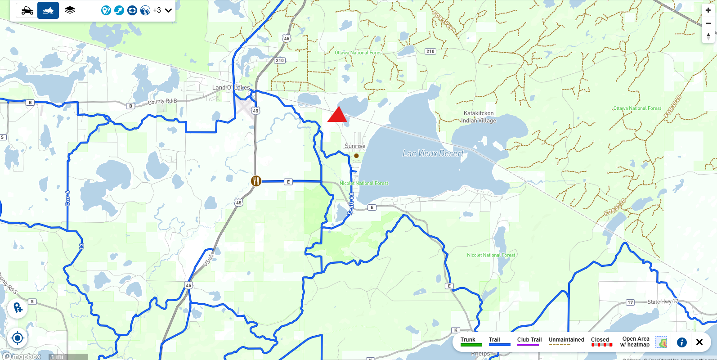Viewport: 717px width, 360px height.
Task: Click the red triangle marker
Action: click(337, 116)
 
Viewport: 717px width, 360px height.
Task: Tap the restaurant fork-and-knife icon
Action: click(256, 181)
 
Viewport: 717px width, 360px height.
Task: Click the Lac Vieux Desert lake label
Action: click(433, 153)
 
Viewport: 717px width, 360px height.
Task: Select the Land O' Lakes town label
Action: click(231, 87)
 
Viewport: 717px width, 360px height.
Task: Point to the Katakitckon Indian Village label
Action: click(479, 117)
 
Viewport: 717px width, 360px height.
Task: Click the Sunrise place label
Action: click(355, 146)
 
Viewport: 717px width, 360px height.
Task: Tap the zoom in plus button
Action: click(708, 10)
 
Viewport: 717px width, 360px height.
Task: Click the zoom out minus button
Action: click(708, 23)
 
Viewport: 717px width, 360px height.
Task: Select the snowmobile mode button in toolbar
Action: click(48, 10)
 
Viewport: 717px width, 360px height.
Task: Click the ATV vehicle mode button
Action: click(27, 10)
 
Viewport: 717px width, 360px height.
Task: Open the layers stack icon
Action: click(70, 10)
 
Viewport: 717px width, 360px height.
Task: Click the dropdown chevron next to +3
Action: click(169, 10)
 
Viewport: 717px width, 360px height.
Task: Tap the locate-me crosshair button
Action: click(18, 338)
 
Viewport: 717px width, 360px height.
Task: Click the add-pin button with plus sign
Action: click(18, 308)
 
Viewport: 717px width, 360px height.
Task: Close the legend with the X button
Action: click(699, 342)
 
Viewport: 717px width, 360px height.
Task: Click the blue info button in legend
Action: click(682, 342)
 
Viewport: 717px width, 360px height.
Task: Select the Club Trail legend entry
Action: click(529, 342)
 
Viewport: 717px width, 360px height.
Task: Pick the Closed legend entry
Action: click(601, 342)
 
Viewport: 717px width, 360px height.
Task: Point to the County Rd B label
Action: click(162, 101)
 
